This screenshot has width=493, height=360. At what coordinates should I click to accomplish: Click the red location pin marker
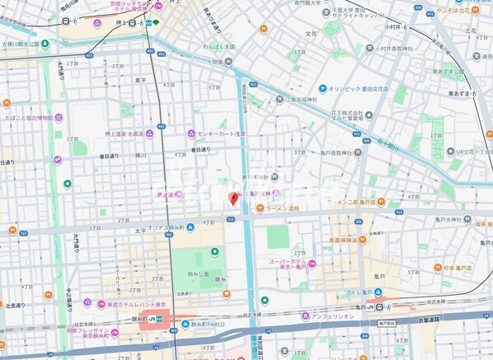click(x=233, y=198)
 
